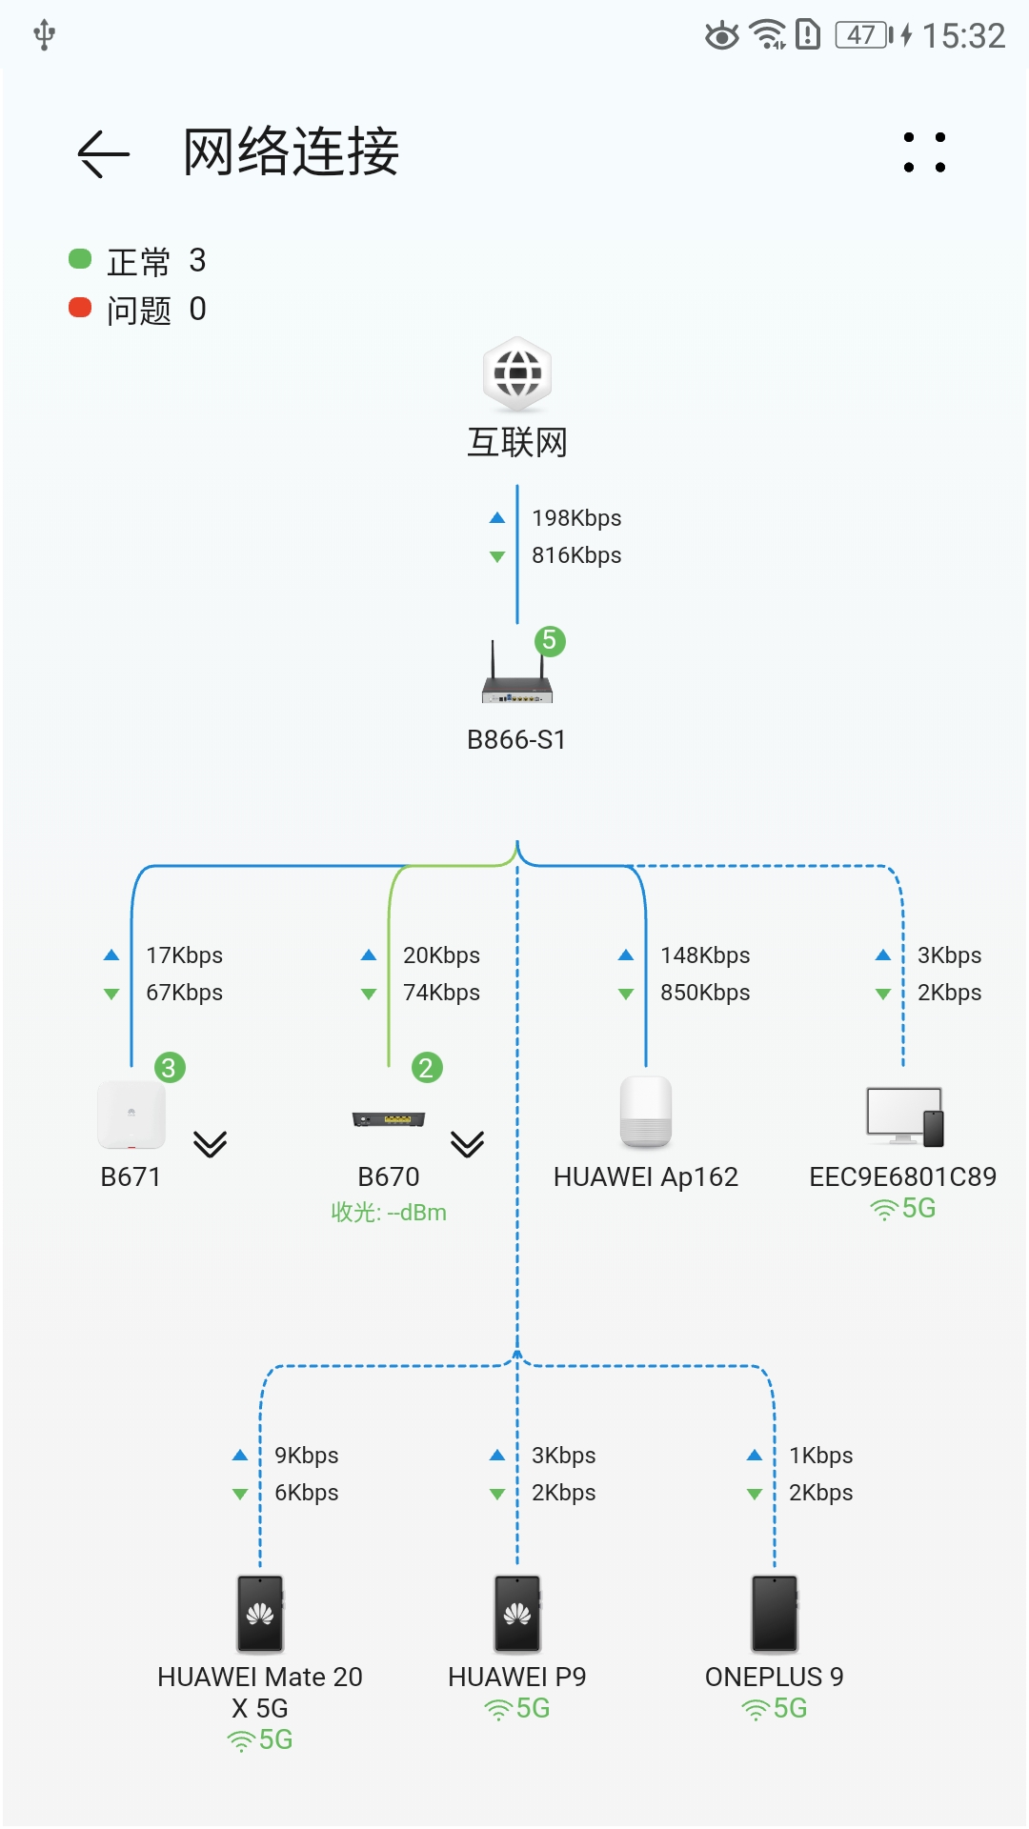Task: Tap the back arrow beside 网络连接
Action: point(103,153)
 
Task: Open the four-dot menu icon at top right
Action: point(924,152)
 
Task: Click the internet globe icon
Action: point(517,373)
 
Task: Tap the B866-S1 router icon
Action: point(516,674)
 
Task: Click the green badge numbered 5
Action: point(550,641)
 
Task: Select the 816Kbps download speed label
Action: point(575,555)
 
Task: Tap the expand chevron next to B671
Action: point(210,1143)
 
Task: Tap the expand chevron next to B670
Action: point(467,1143)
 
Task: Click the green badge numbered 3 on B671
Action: point(170,1068)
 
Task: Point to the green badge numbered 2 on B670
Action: point(427,1068)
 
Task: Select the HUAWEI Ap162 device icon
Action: point(646,1112)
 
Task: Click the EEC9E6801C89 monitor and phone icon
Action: point(904,1115)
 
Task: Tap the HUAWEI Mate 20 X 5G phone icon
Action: point(260,1614)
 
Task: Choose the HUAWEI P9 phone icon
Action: point(517,1614)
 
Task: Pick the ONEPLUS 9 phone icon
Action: point(775,1614)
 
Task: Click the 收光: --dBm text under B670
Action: point(389,1213)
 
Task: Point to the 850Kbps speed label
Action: point(705,993)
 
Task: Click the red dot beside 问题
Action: point(80,308)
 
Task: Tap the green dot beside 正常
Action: point(80,259)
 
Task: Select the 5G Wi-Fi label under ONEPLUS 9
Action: point(775,1709)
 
